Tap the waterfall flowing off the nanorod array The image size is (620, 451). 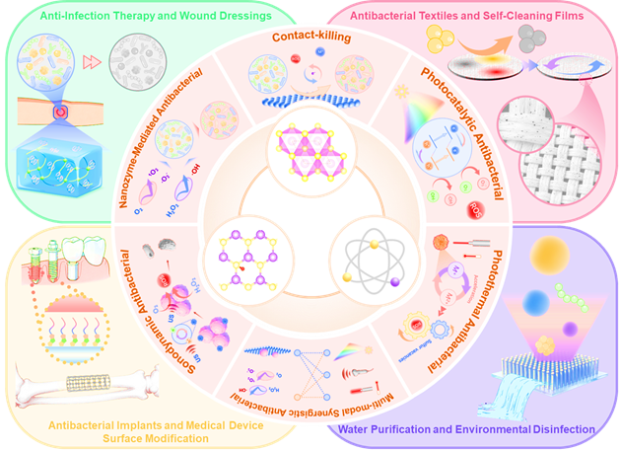(537, 405)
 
